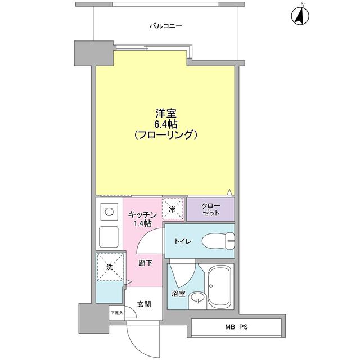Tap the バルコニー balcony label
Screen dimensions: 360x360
pos(166,26)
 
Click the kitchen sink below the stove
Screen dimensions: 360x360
pos(108,236)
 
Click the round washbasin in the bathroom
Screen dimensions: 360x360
pos(196,298)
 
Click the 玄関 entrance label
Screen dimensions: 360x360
pos(143,304)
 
